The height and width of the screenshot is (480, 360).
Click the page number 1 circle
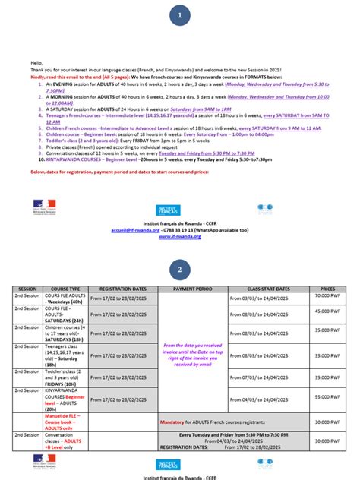pyautogui.click(x=180, y=15)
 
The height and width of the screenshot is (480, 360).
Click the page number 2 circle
pyautogui.click(x=180, y=270)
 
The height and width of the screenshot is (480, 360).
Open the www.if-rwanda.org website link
pyautogui.click(x=179, y=236)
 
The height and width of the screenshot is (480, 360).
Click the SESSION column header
pyautogui.click(x=27, y=289)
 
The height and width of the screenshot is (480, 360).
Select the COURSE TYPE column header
pyautogui.click(x=65, y=289)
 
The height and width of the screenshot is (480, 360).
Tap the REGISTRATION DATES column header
pyautogui.click(x=123, y=289)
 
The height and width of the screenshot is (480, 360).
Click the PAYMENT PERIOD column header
pyautogui.click(x=193, y=289)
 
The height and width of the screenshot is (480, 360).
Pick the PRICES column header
pyautogui.click(x=327, y=289)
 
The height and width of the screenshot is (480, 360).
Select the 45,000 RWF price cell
pyautogui.click(x=327, y=310)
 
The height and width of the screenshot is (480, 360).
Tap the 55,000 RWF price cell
pyautogui.click(x=327, y=396)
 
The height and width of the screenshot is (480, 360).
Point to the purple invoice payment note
pyautogui.click(x=193, y=355)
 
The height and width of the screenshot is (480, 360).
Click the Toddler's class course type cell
pyautogui.click(x=65, y=377)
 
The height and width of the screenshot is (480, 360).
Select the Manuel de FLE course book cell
pyautogui.click(x=65, y=422)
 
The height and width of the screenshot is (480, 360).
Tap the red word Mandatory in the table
pyautogui.click(x=173, y=422)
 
